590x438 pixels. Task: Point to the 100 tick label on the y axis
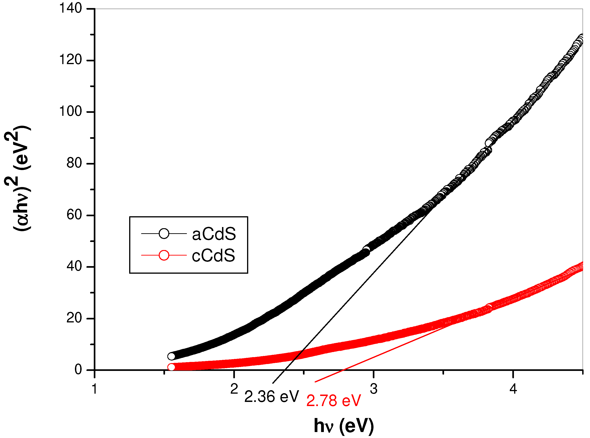(70, 111)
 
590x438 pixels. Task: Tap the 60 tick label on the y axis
(74, 215)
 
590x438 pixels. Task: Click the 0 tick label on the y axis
(78, 370)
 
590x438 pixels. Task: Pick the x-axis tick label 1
(94, 389)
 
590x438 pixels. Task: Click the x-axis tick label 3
(374, 389)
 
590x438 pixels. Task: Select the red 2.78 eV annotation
(333, 401)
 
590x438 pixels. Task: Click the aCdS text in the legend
(214, 234)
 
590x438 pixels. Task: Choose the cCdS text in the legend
(214, 256)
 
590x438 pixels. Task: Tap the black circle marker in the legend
(164, 233)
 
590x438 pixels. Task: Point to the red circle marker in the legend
(164, 255)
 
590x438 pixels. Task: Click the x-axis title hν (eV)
(344, 426)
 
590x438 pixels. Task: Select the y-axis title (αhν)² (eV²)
(18, 178)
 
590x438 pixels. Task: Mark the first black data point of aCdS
(171, 356)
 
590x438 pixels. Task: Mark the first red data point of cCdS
(171, 367)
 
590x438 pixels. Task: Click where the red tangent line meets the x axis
(343, 370)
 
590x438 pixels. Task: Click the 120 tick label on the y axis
(70, 60)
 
